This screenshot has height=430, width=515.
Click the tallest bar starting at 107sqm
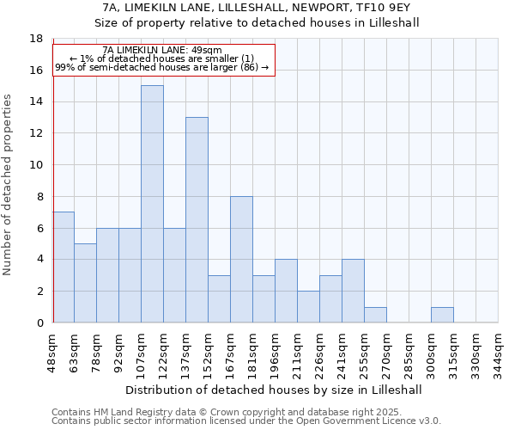point(152,204)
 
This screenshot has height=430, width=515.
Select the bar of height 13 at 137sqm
point(197,220)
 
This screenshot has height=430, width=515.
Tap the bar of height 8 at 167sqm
point(241,260)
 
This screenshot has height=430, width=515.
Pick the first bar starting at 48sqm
point(64,267)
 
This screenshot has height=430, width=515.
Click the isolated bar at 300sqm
point(442,315)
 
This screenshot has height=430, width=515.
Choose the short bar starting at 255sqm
point(375,315)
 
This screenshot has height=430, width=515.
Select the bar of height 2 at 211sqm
point(308,307)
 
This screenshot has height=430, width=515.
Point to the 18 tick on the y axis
point(36,39)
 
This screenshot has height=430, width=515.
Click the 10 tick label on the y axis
point(36,165)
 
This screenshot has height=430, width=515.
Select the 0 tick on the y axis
point(39,322)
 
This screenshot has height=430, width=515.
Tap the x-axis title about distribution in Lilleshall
point(274,390)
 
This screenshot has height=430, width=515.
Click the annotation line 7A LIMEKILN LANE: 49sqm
point(162,50)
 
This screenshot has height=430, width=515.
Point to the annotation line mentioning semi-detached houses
point(162,67)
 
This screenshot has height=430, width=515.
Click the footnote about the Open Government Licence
point(246,421)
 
